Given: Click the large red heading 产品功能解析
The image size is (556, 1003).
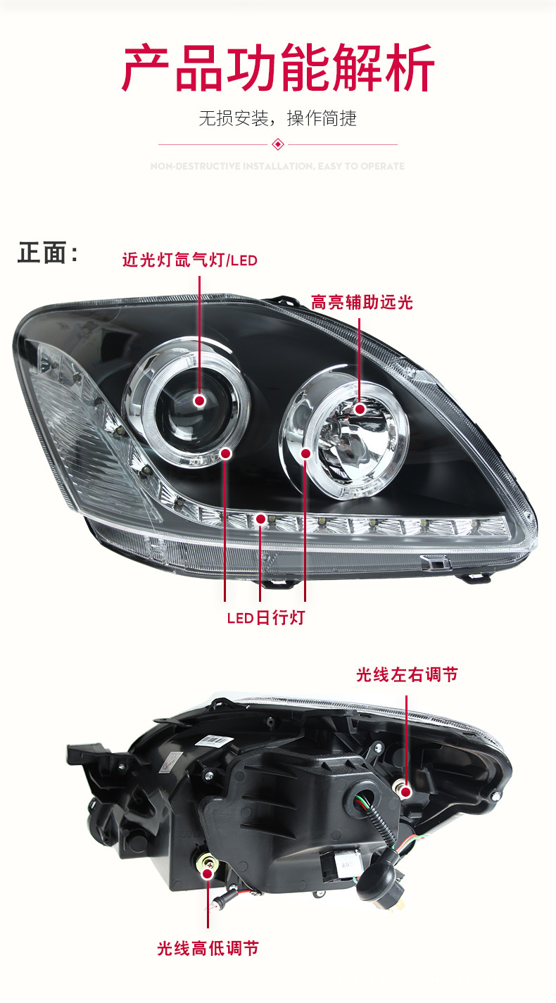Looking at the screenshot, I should click(x=278, y=68).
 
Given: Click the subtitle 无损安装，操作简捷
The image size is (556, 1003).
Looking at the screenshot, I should click(x=277, y=118).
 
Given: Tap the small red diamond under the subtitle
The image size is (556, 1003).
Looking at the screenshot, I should click(x=278, y=144).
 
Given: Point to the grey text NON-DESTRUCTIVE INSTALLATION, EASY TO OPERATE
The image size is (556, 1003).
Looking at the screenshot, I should click(x=278, y=167).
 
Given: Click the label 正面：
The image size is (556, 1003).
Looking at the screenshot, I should click(x=48, y=253).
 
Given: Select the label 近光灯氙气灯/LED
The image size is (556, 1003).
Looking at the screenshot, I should click(x=190, y=260).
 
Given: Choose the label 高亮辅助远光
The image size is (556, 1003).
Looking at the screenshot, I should click(x=362, y=303).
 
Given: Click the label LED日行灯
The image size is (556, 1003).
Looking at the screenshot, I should click(x=265, y=618).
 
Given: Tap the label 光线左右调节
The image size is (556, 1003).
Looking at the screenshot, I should click(x=407, y=675).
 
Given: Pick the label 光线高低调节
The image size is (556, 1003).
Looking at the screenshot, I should click(x=208, y=948).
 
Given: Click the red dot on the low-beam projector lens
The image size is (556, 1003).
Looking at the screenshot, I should click(x=200, y=400).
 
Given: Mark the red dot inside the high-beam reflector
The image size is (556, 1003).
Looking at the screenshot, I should click(x=360, y=408).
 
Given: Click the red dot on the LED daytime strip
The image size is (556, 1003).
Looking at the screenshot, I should click(x=261, y=519).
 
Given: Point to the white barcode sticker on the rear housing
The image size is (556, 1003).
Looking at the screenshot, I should click(x=215, y=740).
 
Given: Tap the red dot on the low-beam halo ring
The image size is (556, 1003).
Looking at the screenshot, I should click(x=226, y=453).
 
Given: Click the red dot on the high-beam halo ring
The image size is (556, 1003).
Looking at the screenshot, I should click(x=305, y=454).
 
